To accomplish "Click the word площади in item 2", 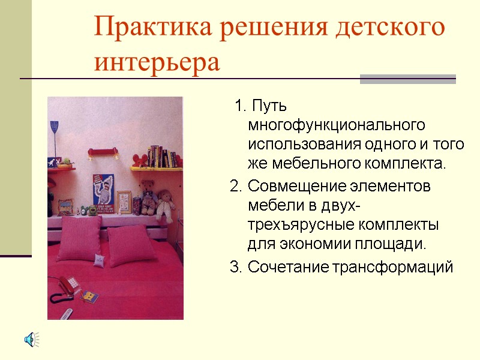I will point(395,244).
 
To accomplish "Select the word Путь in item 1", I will point(269,107).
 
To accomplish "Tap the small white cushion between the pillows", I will point(98,260).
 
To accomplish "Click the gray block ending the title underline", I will point(407,79).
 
